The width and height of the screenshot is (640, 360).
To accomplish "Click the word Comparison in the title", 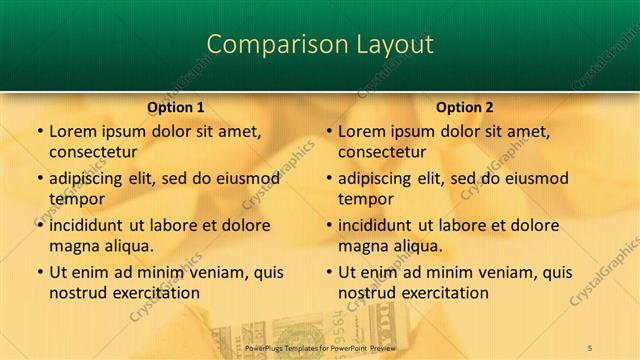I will coord(266,44).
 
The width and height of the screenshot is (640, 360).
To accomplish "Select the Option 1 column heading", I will coord(176,107).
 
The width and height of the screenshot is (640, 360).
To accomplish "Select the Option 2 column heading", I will coord(465,107).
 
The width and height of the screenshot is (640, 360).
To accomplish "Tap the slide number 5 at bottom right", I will coord(591,346).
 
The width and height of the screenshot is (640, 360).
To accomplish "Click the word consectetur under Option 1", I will coord(92,152).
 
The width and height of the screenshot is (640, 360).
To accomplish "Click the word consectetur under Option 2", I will coord(381,152).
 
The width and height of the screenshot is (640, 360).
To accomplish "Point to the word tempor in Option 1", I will coord(74,199).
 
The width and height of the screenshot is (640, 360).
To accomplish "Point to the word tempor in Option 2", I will coord(363,199).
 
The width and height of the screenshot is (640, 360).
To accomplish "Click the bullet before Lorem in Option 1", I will coord(39,131).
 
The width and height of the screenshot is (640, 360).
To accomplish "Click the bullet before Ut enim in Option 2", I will coord(329,272).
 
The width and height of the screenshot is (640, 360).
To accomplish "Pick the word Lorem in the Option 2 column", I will coord(361,131).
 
